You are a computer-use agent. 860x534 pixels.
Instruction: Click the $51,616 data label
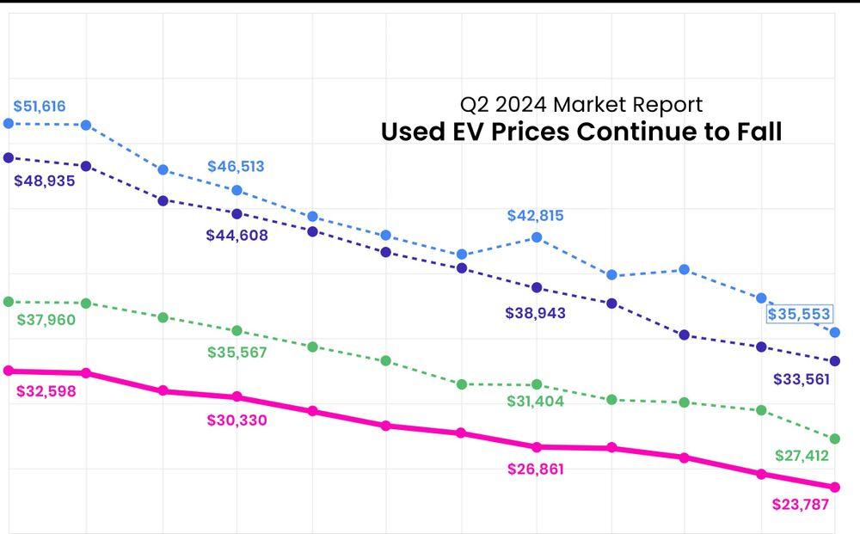[40, 107]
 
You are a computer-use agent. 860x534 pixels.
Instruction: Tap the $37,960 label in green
[46, 320]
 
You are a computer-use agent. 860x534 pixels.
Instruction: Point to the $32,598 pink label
[46, 391]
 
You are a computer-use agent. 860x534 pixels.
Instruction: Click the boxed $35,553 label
[799, 314]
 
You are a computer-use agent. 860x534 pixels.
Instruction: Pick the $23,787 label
[800, 504]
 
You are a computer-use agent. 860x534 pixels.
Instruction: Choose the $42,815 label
[535, 216]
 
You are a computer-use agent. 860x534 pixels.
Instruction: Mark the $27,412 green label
[802, 456]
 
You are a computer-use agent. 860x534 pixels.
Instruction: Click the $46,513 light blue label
[236, 167]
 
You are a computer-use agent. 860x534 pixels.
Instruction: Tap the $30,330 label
[236, 420]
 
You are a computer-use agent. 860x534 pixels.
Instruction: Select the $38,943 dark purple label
[536, 313]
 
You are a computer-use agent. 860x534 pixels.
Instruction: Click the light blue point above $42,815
[537, 236]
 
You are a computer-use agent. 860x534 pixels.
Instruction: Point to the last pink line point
[834, 488]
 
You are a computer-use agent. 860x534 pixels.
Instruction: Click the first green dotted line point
[9, 301]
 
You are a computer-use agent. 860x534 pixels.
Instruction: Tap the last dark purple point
[834, 361]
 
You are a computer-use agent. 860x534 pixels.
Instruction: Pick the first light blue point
[9, 123]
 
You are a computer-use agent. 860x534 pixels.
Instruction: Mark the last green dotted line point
[834, 439]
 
